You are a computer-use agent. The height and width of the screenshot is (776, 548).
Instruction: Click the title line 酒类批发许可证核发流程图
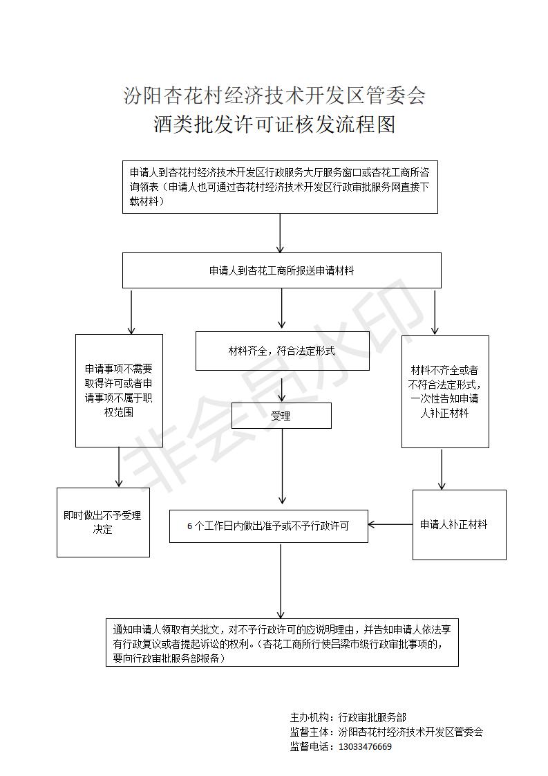[x=274, y=124]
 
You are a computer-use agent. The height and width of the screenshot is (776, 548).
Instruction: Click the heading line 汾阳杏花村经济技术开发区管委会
[x=274, y=95]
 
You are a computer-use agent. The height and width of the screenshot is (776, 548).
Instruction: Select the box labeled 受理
[x=281, y=416]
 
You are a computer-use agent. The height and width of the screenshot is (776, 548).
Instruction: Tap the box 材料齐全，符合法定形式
[x=283, y=351]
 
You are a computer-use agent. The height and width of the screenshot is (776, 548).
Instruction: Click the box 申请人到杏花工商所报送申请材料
[x=282, y=270]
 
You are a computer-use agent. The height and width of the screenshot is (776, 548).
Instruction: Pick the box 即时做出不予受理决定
[x=104, y=523]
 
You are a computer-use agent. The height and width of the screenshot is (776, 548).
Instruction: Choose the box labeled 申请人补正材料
[x=460, y=524]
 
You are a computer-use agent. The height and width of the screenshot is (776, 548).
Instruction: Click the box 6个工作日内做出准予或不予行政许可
[x=269, y=526]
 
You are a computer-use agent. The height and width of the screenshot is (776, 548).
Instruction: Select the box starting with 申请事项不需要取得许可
[x=119, y=391]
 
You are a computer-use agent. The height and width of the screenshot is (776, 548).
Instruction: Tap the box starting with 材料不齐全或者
[x=445, y=391]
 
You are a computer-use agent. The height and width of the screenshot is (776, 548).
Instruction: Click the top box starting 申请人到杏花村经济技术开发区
[x=280, y=187]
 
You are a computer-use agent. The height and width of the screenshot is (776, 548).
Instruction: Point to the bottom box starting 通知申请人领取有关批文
[x=282, y=643]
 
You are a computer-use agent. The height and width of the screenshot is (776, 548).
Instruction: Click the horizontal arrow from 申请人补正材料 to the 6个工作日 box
[x=390, y=524]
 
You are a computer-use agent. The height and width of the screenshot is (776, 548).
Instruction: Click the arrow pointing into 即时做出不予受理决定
[x=119, y=467]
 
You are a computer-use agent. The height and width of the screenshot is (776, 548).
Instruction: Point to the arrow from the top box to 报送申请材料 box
[x=281, y=233]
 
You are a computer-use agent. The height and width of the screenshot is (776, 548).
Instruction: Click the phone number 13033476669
[x=365, y=747]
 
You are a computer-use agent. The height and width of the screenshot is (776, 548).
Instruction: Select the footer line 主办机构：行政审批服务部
[x=348, y=717]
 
